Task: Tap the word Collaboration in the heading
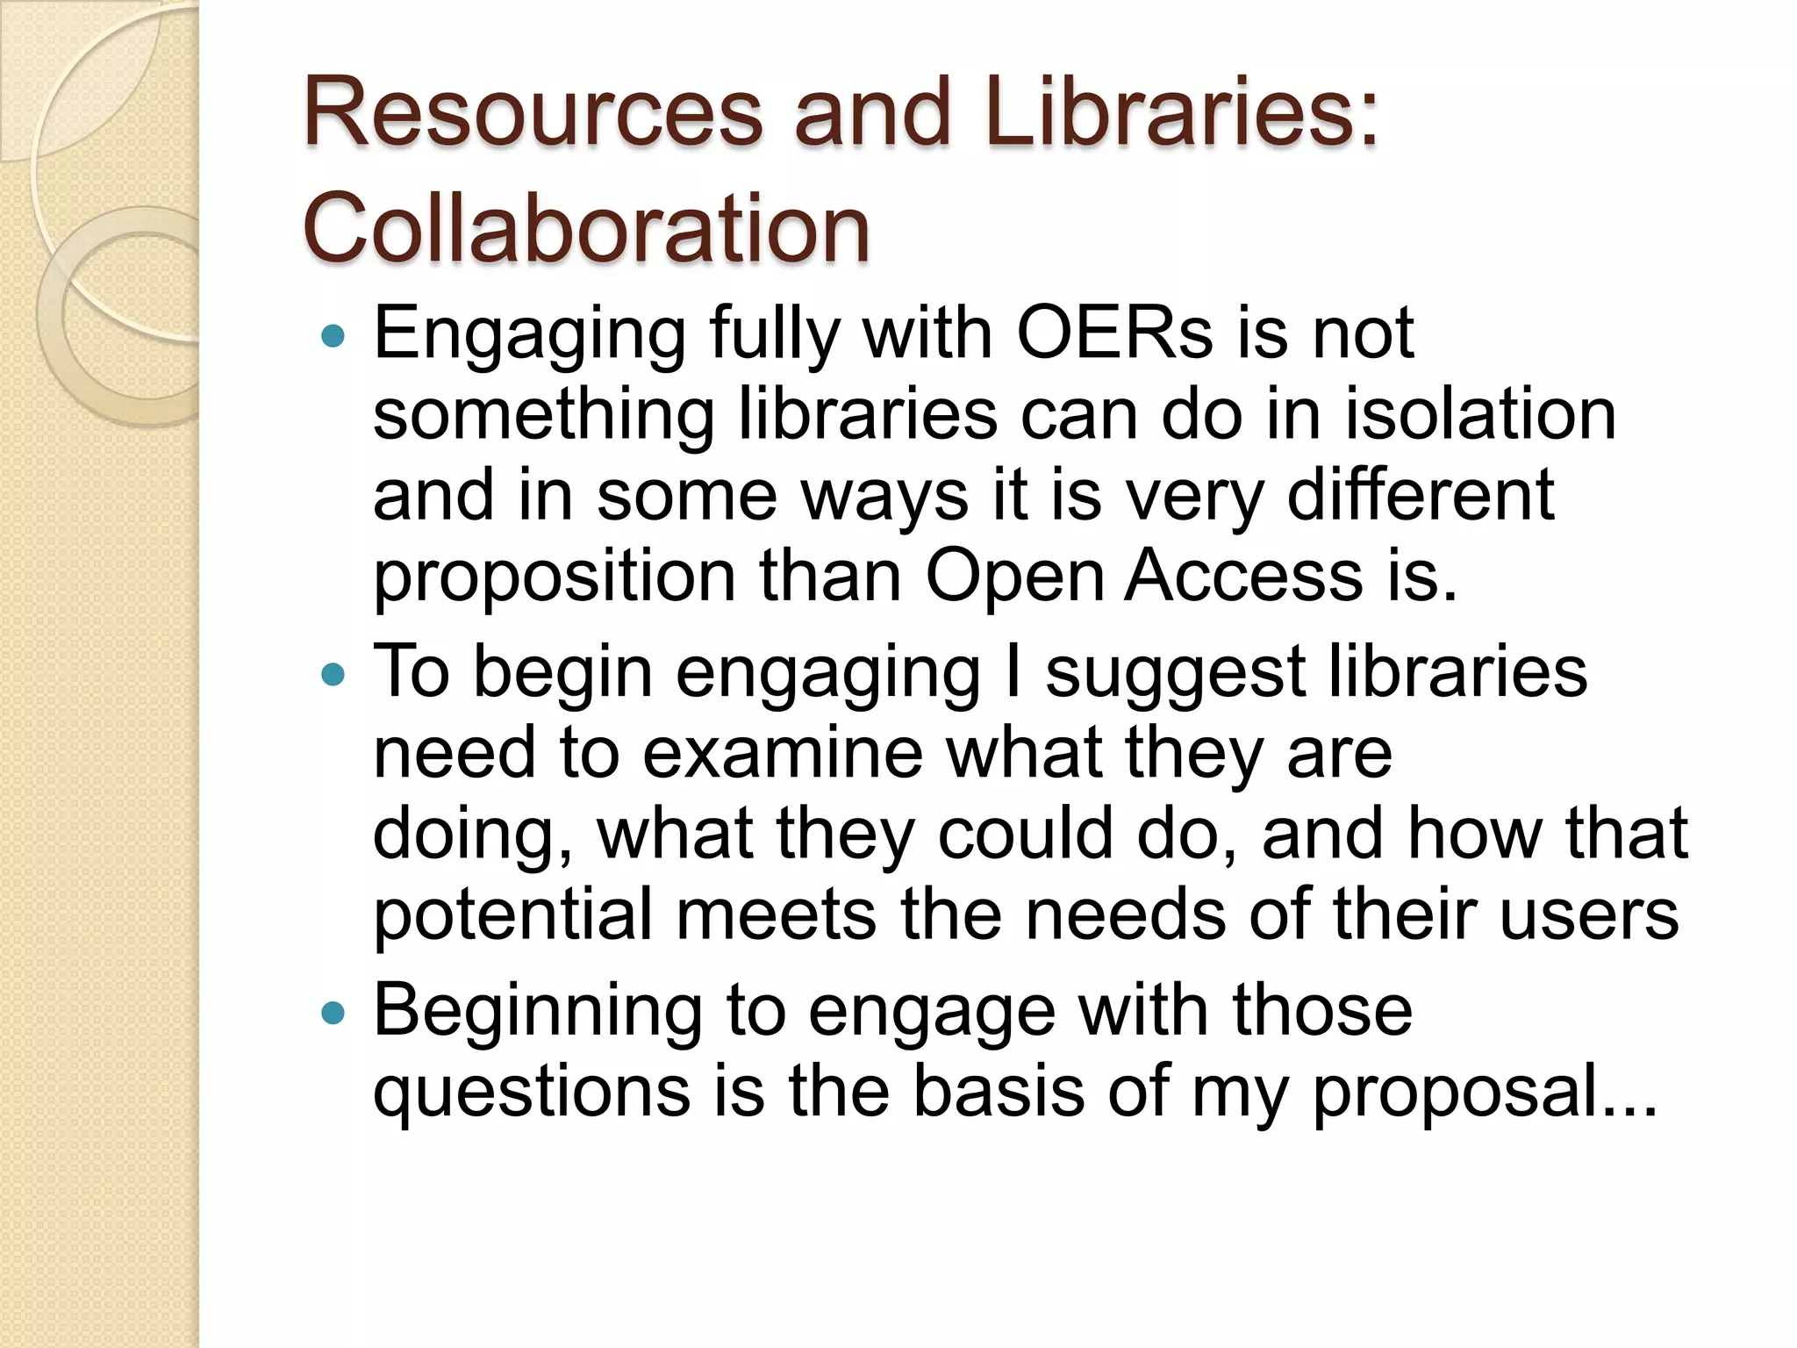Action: (585, 228)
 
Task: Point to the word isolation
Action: (1480, 413)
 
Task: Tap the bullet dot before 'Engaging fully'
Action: (333, 335)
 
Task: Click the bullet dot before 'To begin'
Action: (333, 674)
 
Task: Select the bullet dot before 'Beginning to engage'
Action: (333, 1014)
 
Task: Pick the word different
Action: (1421, 494)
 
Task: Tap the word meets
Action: (777, 914)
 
